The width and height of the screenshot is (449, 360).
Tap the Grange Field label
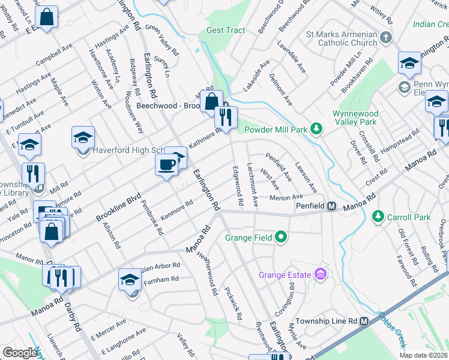[x=249, y=238]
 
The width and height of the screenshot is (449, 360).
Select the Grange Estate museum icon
[x=321, y=275]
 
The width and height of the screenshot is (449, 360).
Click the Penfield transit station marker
[x=331, y=206]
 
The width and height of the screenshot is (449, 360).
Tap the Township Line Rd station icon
[x=364, y=321]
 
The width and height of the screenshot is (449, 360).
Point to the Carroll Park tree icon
[x=378, y=215]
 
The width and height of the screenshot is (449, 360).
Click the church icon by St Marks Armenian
[x=385, y=38]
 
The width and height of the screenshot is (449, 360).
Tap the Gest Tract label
[x=226, y=30]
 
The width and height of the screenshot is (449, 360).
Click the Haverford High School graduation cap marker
[x=83, y=137]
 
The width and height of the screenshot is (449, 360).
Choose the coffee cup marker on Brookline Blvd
[x=166, y=164]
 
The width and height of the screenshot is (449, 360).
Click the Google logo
[x=20, y=353]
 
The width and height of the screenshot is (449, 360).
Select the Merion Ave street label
[x=286, y=197]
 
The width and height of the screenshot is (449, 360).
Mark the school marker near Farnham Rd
[x=130, y=279]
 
